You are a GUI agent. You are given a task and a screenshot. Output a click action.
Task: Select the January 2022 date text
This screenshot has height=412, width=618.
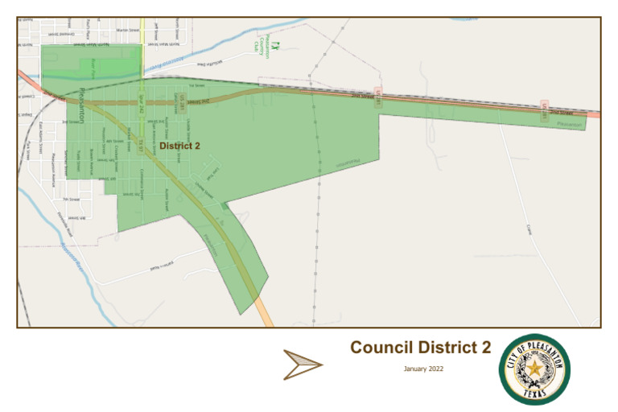pos(423,369)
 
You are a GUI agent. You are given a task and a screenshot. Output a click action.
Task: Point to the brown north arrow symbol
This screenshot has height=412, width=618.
pos(303,365)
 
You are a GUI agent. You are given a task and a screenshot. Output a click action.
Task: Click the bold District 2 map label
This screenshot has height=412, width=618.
pos(179,146)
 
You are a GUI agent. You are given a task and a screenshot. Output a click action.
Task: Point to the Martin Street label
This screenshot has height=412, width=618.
pos(128,30)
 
